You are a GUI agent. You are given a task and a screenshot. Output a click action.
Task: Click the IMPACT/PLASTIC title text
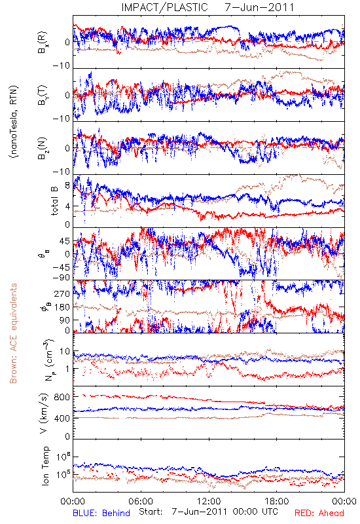tap(165, 7)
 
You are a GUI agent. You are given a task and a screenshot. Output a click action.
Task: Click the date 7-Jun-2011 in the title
tap(259, 7)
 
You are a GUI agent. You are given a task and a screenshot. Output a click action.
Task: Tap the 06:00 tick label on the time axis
tap(141, 501)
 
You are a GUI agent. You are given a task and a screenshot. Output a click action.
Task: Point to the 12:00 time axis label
tap(209, 501)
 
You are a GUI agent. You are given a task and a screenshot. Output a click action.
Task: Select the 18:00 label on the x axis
tap(277, 501)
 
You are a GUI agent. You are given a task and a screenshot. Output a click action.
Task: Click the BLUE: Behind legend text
tap(101, 513)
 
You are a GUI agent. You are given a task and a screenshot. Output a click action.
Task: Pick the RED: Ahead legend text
tap(319, 513)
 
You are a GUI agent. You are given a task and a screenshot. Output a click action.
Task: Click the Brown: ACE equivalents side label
tap(13, 333)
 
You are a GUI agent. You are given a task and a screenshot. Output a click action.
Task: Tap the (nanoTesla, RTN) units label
tap(14, 122)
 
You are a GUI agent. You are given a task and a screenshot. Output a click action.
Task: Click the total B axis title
tap(54, 201)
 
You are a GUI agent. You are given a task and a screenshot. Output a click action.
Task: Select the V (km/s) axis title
tap(44, 413)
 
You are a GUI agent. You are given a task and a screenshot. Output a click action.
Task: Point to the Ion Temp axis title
tap(45, 466)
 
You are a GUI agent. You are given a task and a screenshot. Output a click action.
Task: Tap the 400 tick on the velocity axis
tap(63, 418)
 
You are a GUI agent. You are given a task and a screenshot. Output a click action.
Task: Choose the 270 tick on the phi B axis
tap(62, 293)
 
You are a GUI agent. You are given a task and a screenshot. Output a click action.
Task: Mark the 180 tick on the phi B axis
tap(62, 307)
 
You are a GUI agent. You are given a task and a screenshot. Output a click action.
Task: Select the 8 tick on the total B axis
tap(67, 186)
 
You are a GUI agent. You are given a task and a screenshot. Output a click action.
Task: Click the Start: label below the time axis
tap(151, 512)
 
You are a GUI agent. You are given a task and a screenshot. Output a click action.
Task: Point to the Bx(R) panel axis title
tap(43, 43)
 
